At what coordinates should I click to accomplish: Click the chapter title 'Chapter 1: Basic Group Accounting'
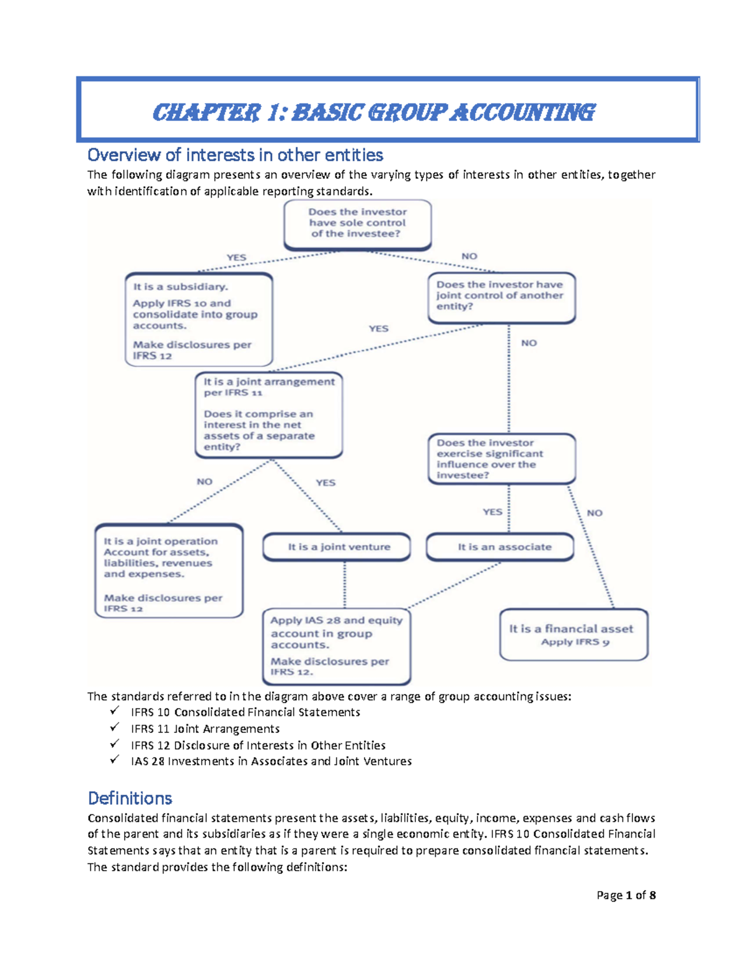click(x=373, y=113)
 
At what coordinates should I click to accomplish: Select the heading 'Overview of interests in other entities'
click(x=235, y=154)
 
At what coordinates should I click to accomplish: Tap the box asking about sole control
click(x=358, y=223)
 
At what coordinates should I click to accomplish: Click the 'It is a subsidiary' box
click(x=199, y=320)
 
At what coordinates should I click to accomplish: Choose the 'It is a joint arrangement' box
click(x=268, y=414)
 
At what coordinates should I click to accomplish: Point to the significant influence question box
click(x=501, y=459)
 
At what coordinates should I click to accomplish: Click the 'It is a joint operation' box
click(x=169, y=571)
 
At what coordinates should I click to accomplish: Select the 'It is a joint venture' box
click(x=337, y=547)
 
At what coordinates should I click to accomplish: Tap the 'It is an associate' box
click(x=500, y=547)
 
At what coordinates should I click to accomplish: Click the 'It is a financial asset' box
click(x=573, y=634)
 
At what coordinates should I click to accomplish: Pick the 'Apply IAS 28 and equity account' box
click(x=337, y=646)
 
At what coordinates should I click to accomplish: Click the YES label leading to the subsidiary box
click(x=236, y=257)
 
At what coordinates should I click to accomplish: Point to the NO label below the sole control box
click(x=469, y=256)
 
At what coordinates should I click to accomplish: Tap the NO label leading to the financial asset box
click(x=594, y=513)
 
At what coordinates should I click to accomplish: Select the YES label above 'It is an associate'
click(x=492, y=512)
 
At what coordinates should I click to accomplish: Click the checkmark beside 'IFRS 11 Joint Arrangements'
click(x=114, y=728)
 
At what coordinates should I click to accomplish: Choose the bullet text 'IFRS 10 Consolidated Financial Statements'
click(x=246, y=712)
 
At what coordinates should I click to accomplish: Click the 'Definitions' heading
click(x=130, y=798)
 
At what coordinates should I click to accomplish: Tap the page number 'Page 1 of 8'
click(x=626, y=895)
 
